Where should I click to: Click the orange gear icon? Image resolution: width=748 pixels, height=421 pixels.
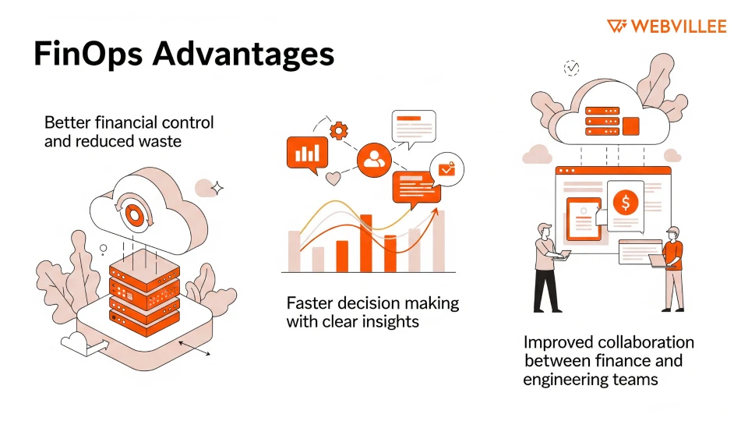(x=338, y=130)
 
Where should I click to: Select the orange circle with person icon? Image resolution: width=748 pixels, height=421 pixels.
(x=374, y=160)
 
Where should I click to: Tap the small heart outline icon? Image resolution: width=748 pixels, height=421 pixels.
(x=333, y=179)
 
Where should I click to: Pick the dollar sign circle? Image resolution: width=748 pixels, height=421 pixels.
(x=625, y=203)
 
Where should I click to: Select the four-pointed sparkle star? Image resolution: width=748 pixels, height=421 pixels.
(x=219, y=187)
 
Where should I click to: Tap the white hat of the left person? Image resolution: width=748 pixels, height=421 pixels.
(x=544, y=228)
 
